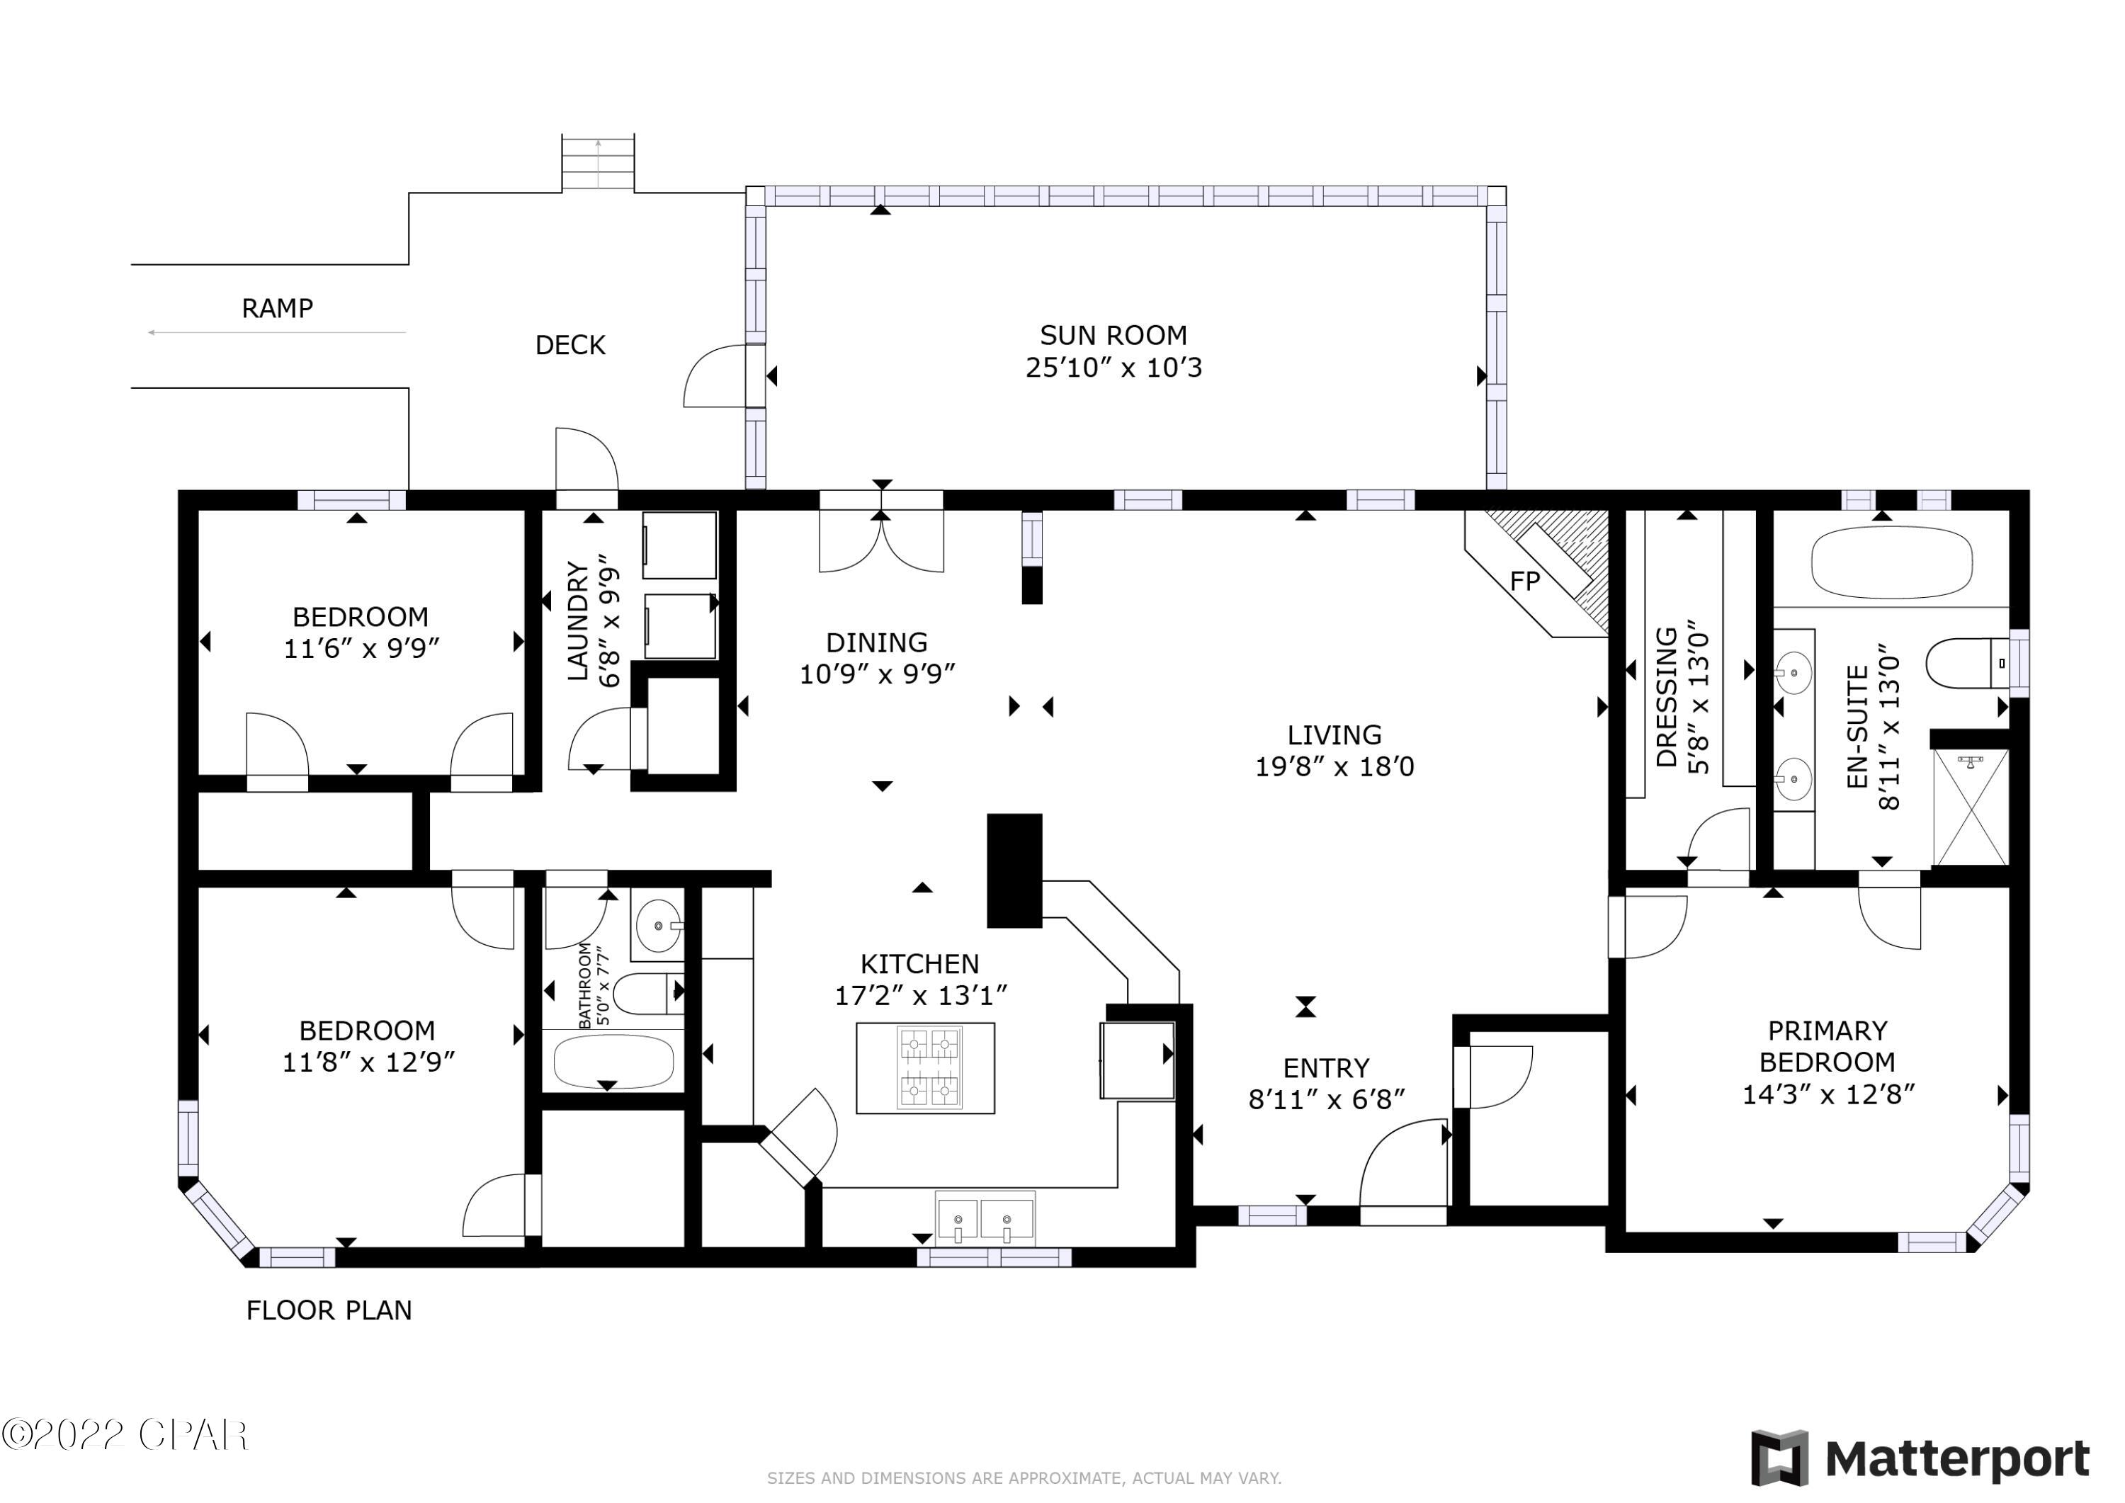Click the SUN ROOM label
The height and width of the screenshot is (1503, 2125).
pos(1113,335)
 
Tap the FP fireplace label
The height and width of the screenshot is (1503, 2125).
pos(1524,582)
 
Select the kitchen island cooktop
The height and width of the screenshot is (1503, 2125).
pos(929,1067)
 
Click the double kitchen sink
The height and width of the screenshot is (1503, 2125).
pos(985,1220)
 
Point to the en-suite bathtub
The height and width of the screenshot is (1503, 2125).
pos(1891,562)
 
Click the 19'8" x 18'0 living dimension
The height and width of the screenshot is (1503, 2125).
pos(1334,767)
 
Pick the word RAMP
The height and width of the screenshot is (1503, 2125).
pos(277,308)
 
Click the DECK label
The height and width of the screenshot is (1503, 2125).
pos(570,345)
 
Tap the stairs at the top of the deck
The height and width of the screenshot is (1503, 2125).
pos(598,163)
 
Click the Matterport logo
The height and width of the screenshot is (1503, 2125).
pos(1920,1460)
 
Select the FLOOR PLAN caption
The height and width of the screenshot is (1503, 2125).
pos(329,1310)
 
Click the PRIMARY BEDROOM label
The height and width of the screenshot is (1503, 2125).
pos(1827,1046)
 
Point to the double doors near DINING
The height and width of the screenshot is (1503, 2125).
pos(881,544)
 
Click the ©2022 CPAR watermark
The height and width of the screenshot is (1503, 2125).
pos(125,1436)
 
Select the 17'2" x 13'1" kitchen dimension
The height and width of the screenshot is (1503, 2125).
pos(920,996)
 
